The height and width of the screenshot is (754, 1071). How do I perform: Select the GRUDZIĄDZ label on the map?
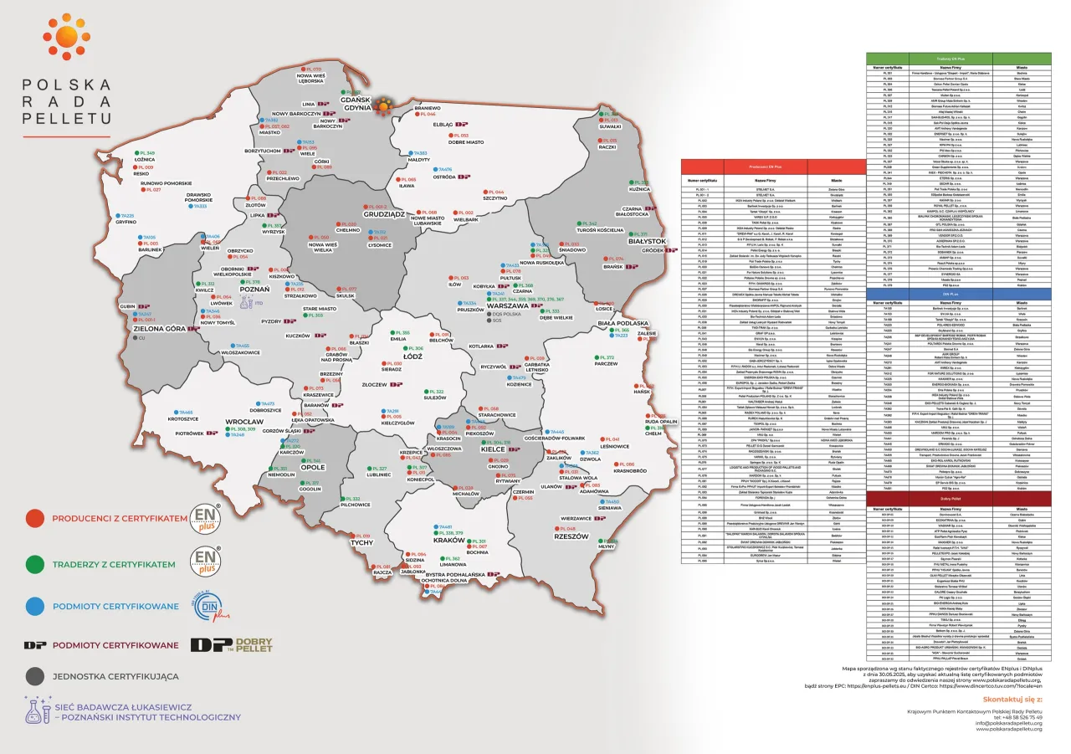coord(361,214)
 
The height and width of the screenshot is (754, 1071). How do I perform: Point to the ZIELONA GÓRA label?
coord(157,330)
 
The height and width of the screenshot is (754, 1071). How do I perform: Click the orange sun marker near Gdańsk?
coord(384,106)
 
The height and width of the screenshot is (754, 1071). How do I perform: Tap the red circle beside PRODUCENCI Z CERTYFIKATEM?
coord(34,519)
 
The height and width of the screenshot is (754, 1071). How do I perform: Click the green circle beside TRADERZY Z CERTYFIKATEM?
coord(34,564)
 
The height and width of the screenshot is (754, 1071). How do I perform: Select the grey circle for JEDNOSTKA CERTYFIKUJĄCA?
coord(34,676)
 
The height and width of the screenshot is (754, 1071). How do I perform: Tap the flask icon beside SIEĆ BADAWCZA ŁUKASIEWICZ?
coord(37,710)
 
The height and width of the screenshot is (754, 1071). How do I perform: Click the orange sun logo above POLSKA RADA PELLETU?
coord(66,36)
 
